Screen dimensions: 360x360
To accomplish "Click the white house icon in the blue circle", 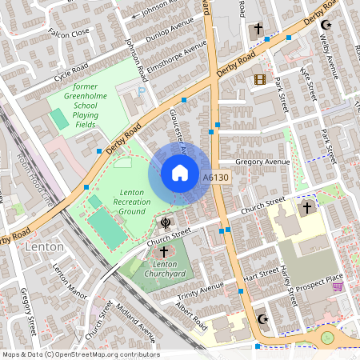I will (180, 173).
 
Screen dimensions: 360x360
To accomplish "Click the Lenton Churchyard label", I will (164, 268).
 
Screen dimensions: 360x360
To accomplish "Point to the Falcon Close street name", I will (69, 34).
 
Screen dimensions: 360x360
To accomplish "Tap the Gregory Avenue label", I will (262, 162).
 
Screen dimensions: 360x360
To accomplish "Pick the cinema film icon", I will (258, 79).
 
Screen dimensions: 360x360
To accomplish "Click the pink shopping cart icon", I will (338, 286).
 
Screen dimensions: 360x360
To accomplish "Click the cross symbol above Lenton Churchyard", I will (164, 251).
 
